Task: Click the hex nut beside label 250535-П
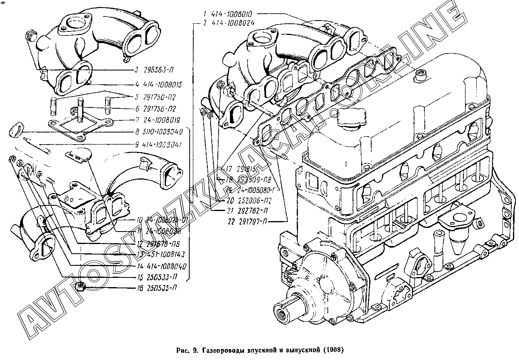coord(80,287)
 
